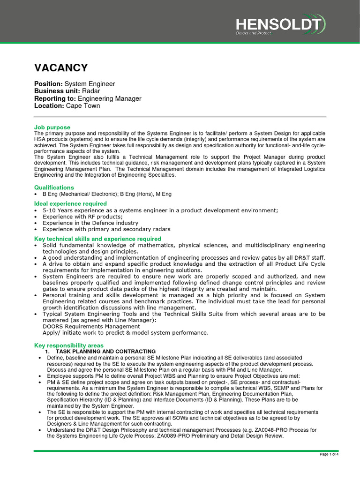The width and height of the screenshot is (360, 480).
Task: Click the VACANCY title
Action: [61, 68]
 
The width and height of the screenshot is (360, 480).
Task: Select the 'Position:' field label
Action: [48, 84]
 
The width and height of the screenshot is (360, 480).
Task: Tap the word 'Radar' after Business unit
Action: [91, 91]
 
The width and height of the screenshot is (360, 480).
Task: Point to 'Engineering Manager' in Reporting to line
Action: [109, 98]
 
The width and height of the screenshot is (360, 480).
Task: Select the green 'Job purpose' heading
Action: [52, 127]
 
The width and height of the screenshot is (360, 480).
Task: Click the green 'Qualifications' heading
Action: [54, 187]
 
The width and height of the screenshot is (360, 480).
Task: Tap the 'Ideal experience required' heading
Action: [70, 203]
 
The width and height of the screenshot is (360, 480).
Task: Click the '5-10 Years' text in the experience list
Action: [58, 210]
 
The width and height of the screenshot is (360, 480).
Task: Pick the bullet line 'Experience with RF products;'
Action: [82, 217]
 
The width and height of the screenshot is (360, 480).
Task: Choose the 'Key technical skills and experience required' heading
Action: [97, 239]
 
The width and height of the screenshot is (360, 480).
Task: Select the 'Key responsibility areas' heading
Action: [69, 345]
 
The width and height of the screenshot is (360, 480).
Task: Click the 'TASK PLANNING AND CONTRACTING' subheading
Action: [105, 352]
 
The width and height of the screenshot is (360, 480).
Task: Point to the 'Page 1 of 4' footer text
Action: [329, 454]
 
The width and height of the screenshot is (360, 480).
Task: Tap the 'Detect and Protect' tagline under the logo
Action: [253, 33]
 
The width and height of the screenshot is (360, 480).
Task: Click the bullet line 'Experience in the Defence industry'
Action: [90, 223]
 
